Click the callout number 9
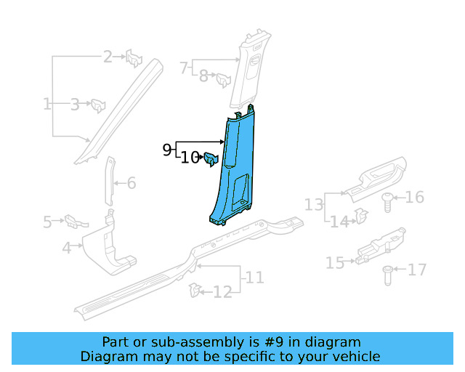point(167,150)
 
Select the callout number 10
point(190,158)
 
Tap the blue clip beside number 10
point(211,159)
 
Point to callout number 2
point(108,57)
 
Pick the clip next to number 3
point(98,105)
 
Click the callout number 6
point(132,183)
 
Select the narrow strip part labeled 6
point(110,181)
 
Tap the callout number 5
point(47,222)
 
